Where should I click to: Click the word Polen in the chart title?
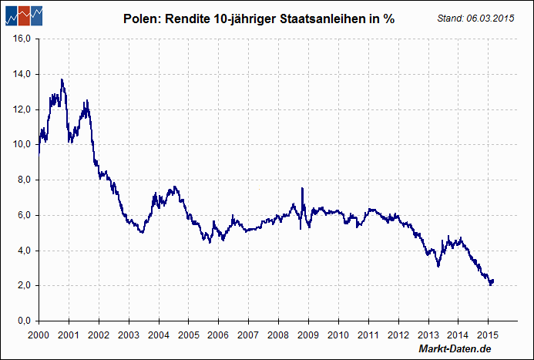click(140, 19)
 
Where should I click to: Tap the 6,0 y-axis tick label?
click(22, 215)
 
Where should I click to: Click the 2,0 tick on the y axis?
click(22, 285)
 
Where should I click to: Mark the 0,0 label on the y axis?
click(22, 321)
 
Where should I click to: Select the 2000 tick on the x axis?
click(39, 335)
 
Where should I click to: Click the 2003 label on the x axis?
click(129, 335)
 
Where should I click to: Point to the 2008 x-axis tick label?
click(278, 335)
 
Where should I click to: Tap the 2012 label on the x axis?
click(398, 335)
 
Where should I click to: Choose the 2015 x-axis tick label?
click(487, 335)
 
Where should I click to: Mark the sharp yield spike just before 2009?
click(302, 189)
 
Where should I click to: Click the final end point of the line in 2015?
click(492, 281)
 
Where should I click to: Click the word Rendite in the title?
click(196, 19)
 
